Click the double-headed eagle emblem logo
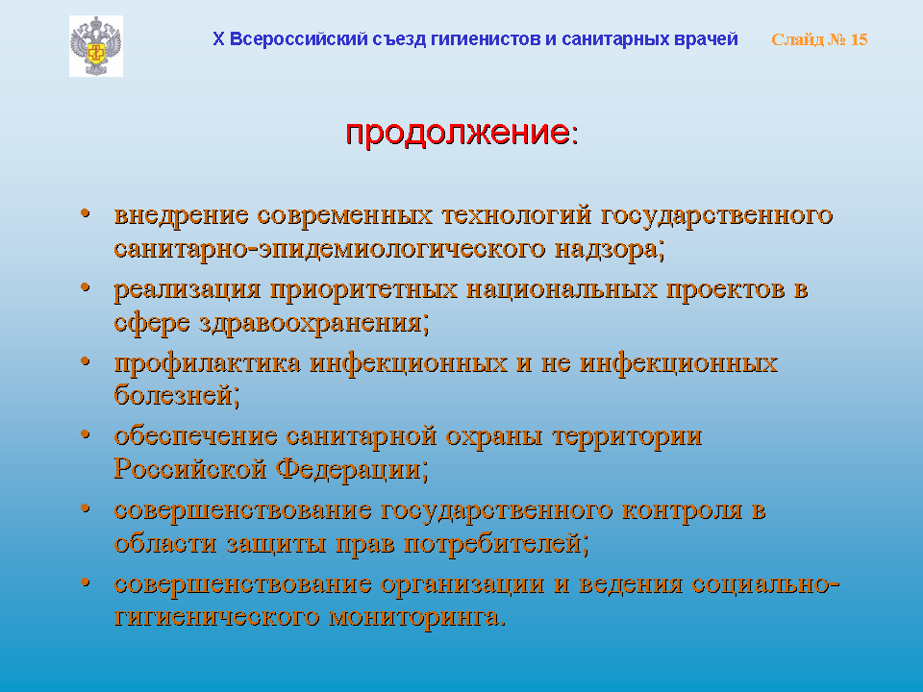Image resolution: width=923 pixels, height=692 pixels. (x=96, y=46)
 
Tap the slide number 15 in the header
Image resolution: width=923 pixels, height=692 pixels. (x=859, y=39)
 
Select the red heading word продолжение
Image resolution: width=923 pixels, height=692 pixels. (x=458, y=133)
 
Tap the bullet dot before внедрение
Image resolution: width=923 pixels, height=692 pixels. (x=86, y=212)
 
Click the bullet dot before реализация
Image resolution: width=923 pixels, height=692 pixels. (x=86, y=286)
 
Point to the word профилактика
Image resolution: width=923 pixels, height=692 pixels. (x=208, y=362)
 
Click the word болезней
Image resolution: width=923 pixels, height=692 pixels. (x=177, y=394)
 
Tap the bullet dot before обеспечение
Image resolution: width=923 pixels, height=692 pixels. (x=86, y=434)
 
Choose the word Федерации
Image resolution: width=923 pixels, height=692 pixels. (x=352, y=470)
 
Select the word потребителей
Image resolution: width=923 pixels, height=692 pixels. (x=497, y=544)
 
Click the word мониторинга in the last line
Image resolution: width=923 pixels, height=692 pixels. (x=417, y=617)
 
